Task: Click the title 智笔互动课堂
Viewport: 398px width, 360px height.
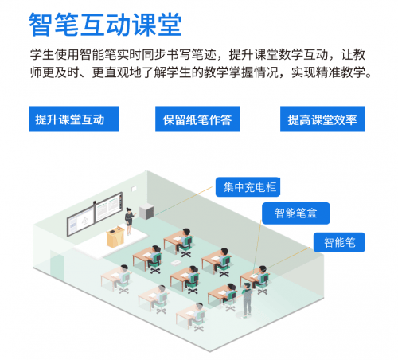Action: coord(105,25)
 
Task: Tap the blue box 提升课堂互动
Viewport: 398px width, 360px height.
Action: coord(74,119)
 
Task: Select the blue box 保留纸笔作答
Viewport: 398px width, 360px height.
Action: coord(197,119)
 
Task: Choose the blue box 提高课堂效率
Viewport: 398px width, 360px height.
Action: coord(322,119)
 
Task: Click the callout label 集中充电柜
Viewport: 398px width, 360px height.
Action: coord(248,187)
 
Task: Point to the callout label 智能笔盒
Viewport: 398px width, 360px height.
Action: coord(296,213)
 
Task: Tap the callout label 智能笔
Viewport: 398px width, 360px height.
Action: coord(339,242)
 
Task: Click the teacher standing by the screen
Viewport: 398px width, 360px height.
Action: coord(130,221)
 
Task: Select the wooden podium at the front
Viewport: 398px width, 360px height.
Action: coord(115,237)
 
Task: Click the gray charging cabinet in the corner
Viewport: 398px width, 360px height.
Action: coord(146,212)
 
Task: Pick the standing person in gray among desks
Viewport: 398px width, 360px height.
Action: coord(247,300)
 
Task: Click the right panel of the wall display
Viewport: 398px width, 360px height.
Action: coord(109,207)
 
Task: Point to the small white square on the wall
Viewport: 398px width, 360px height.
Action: coord(134,189)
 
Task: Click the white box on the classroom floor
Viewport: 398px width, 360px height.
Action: coord(176,263)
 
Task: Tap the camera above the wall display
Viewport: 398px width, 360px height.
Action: coord(95,203)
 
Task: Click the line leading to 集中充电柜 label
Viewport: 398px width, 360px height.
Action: coord(183,200)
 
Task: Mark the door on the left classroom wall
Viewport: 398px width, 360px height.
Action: coord(57,266)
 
